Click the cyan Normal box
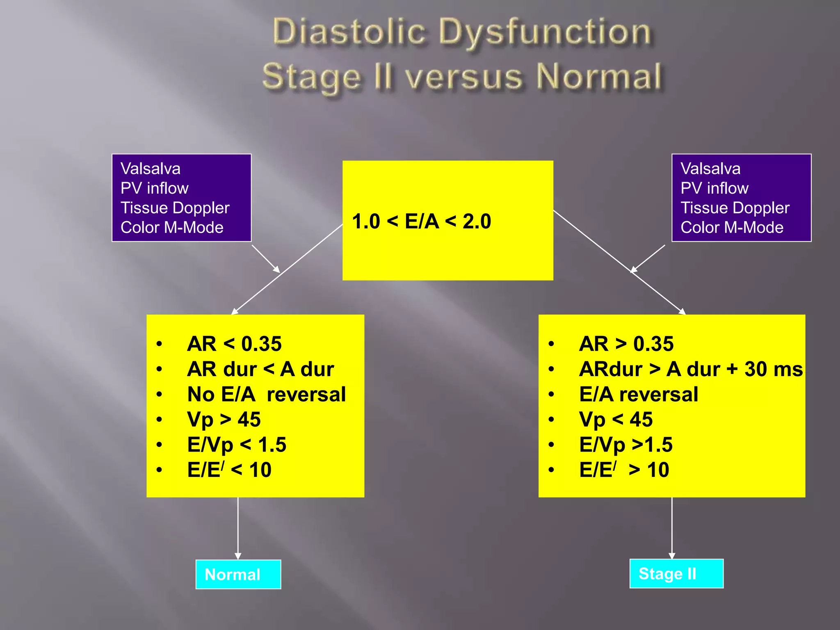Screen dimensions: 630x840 (x=238, y=574)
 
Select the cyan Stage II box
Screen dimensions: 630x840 (x=676, y=573)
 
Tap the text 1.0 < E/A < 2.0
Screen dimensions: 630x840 (x=421, y=221)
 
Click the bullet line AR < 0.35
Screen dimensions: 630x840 (x=234, y=344)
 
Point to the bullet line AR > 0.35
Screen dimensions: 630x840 (x=626, y=344)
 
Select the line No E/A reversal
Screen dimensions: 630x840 (x=266, y=394)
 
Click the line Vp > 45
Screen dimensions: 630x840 (x=224, y=420)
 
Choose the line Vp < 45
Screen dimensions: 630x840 (x=616, y=420)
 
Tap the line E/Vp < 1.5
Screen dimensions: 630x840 (x=237, y=445)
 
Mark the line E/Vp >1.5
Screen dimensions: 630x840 (x=625, y=445)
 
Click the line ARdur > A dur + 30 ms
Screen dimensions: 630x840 (x=691, y=369)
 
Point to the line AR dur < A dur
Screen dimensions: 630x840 (x=260, y=369)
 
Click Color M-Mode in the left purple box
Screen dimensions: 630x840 (x=172, y=227)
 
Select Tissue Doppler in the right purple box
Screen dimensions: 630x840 (x=735, y=208)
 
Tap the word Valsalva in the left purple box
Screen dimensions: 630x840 (x=150, y=169)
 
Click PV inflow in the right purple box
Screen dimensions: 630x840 (x=714, y=188)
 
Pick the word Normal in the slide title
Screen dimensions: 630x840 (x=599, y=77)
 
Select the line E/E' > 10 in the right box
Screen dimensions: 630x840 (x=624, y=470)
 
